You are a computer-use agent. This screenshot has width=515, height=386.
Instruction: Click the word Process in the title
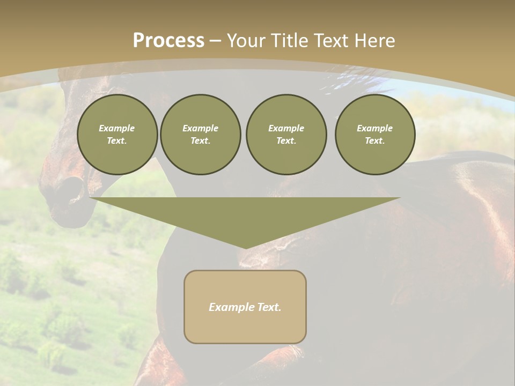point(168,41)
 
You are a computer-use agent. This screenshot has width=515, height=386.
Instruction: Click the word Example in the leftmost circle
point(117,128)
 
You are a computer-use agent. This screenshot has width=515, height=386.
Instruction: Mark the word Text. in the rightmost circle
point(375,140)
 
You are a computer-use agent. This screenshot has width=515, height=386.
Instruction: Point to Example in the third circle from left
point(286,128)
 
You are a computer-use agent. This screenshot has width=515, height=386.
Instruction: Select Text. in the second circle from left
point(201,140)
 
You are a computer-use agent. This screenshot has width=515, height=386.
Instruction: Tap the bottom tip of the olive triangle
point(246,247)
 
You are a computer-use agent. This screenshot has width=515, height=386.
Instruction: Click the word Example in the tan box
point(229,307)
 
